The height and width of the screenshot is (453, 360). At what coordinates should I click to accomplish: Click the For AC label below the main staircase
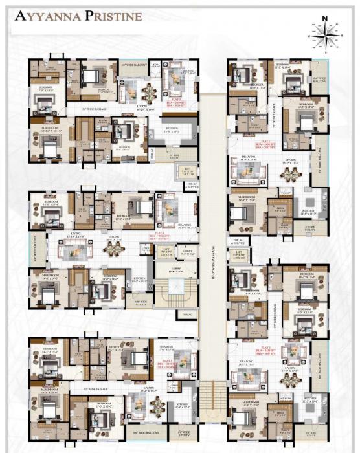click(x=187, y=315)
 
